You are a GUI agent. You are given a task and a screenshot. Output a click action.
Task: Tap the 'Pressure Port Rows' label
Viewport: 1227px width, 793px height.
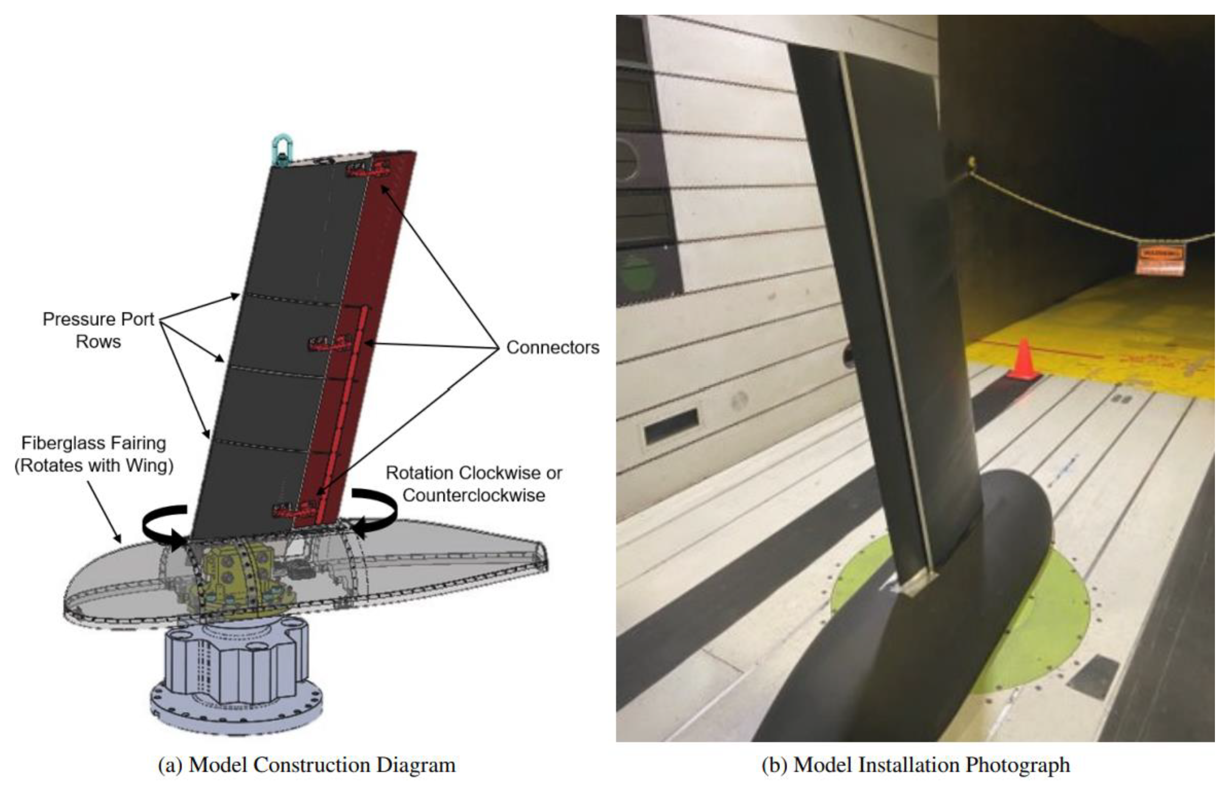[x=99, y=330]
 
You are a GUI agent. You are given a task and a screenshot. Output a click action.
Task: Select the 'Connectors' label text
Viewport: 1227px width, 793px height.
[x=552, y=347]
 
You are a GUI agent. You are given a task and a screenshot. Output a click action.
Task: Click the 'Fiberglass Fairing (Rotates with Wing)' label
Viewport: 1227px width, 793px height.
[x=94, y=454]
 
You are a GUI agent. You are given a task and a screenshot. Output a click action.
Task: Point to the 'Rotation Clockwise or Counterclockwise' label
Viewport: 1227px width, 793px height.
[x=473, y=484]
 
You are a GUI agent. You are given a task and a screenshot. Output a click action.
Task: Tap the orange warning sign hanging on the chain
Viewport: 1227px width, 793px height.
[x=1160, y=260]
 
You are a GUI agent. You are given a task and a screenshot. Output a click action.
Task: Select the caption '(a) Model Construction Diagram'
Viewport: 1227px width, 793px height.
[x=306, y=765]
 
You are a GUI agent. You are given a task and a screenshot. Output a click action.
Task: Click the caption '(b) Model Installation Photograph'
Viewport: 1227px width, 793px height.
[x=915, y=765]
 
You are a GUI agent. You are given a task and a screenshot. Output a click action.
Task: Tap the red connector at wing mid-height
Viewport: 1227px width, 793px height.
[x=329, y=343]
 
